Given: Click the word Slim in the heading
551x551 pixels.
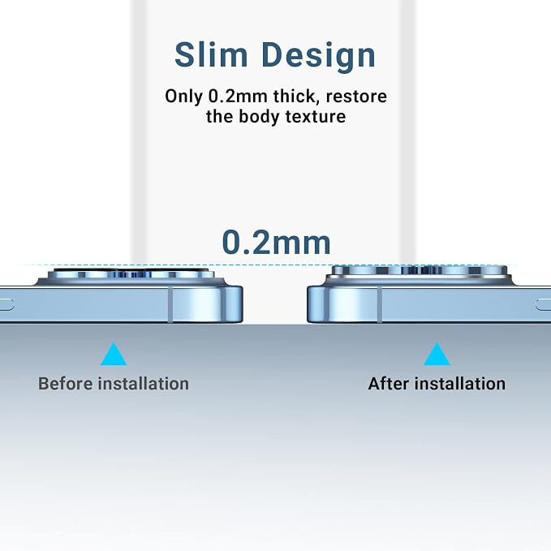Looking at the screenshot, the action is pos(211,55).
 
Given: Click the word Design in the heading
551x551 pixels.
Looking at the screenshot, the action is pos(319,56).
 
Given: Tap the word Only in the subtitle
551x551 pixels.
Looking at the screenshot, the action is pos(183,97).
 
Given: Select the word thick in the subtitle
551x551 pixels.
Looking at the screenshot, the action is pos(296,96).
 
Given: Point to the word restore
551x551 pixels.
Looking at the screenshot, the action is pos(356,97).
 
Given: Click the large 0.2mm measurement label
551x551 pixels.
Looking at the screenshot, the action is pos(276,243).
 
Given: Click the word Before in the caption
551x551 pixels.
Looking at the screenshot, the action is pos(65,383).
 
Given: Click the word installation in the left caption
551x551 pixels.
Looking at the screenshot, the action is pos(144,383).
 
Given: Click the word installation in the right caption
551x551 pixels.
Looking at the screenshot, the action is pos(460,383).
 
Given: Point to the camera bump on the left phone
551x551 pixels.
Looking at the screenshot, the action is pos(131,277).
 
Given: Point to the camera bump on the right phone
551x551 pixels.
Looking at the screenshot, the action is pos(420,275).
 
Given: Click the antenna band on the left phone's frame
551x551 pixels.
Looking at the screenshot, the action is pos(170,304).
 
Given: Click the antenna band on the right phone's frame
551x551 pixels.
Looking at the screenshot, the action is pos(380,304).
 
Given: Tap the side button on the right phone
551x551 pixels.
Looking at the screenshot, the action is pos(543,304).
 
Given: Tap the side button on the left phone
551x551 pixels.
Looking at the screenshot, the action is pos(7,304).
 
